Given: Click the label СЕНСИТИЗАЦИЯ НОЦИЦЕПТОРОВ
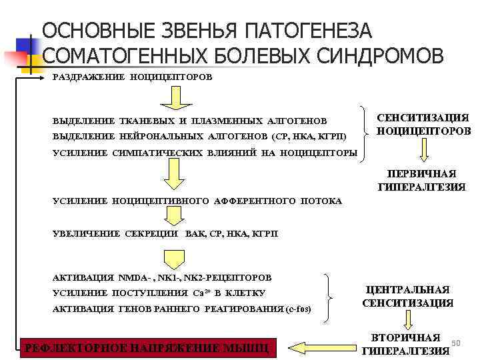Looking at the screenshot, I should coord(423,124).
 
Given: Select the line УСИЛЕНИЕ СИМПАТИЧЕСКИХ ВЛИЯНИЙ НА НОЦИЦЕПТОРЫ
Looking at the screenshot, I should coord(205,153).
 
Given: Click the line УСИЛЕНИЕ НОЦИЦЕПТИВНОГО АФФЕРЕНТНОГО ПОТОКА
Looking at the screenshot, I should coord(197,200).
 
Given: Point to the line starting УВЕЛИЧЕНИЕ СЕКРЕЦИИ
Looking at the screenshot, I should coord(165,233).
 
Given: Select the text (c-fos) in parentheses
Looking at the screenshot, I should coord(297,309).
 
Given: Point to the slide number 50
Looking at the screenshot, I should coord(456,342).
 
